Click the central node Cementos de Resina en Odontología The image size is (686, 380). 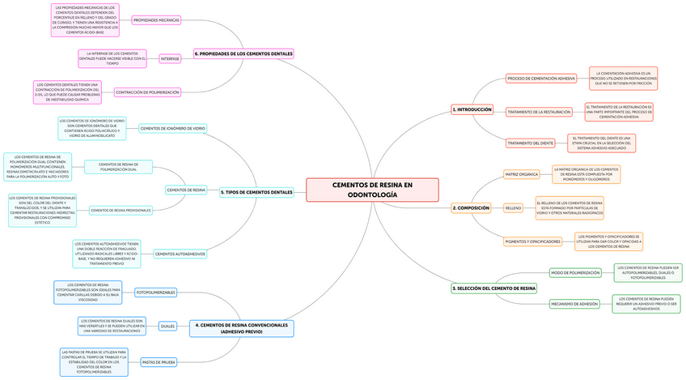coord(372,190)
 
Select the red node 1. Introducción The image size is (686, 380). coord(472,109)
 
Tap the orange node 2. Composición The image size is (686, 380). coord(471,208)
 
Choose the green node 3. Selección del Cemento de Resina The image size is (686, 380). coord(493,288)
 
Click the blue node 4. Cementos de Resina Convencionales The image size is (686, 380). coord(242,328)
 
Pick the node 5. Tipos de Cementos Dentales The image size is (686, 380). coord(256,193)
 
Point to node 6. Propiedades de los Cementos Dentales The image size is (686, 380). coord(243,54)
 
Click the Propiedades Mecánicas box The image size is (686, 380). coord(156,19)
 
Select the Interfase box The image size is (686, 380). coord(170,58)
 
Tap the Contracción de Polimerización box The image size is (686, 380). coord(147,92)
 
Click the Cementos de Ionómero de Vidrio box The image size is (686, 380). coord(173,128)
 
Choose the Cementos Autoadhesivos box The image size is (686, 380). coord(180,254)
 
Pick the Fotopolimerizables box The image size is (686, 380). coord(156,292)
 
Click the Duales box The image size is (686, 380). coord(167,327)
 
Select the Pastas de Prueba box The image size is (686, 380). coord(159,362)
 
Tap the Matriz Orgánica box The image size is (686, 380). coord(521,174)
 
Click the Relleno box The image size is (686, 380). coord(513,208)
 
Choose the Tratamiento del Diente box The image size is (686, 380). coord(530,143)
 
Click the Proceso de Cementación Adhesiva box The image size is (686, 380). coord(541,79)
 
